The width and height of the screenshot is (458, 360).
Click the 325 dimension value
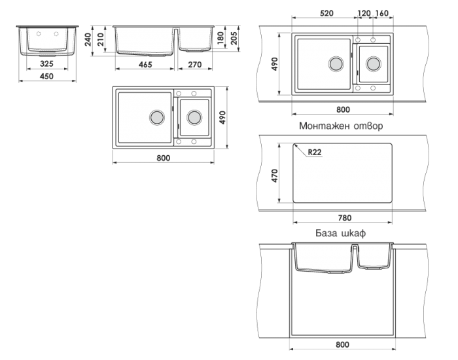click(x=46, y=63)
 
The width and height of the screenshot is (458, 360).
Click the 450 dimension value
click(x=46, y=77)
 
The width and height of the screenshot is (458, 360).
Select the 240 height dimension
click(x=88, y=39)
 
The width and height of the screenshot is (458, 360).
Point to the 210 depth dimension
click(x=101, y=39)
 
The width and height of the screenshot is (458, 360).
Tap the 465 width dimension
click(x=145, y=65)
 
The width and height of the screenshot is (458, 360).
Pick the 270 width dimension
click(x=195, y=65)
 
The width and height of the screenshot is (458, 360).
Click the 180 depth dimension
click(x=221, y=38)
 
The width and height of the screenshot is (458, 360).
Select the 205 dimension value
click(x=234, y=38)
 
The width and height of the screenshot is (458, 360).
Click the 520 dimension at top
click(x=326, y=14)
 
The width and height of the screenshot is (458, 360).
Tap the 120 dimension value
click(x=364, y=14)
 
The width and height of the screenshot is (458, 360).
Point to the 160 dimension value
click(x=381, y=14)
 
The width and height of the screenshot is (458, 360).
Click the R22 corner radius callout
click(x=315, y=153)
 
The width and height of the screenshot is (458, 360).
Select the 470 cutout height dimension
click(x=275, y=175)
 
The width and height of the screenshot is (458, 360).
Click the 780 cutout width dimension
click(x=345, y=218)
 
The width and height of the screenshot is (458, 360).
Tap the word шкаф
click(x=353, y=233)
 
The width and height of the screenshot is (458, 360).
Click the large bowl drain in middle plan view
click(x=157, y=117)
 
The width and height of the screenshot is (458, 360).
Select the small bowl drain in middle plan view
click(x=194, y=117)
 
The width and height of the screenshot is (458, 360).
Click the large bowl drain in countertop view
click(x=336, y=63)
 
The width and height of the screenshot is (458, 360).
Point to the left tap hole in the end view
click(x=39, y=34)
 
